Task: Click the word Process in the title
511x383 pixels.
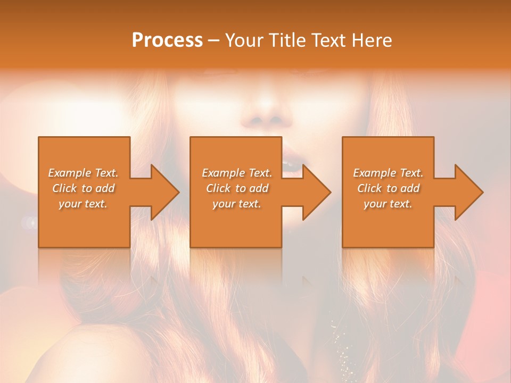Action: [167, 40]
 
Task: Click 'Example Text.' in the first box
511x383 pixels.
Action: [83, 173]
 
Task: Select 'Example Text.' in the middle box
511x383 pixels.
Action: [237, 173]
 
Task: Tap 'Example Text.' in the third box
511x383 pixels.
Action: [388, 173]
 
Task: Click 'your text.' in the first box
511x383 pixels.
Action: [83, 204]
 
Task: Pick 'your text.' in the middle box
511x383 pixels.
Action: [237, 204]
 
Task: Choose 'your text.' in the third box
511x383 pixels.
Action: [388, 204]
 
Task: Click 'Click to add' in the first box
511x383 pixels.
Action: [83, 188]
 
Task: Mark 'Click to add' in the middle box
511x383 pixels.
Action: [237, 188]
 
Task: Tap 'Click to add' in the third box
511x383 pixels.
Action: [388, 188]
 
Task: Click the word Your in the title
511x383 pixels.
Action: [242, 40]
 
